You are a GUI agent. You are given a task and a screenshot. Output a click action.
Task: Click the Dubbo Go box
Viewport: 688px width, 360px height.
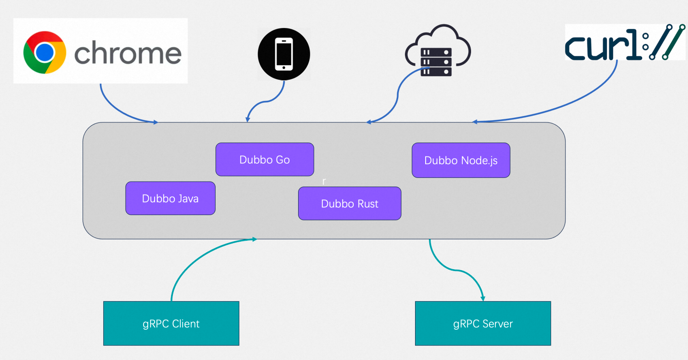(x=265, y=160)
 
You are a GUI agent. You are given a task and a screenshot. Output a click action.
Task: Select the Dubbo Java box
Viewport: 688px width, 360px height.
(x=170, y=198)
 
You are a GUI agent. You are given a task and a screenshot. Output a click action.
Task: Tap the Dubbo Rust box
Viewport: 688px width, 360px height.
(x=350, y=203)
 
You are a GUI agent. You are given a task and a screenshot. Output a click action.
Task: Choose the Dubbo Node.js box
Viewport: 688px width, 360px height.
(x=461, y=160)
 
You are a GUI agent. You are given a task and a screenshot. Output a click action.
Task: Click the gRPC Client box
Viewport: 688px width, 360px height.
(x=171, y=323)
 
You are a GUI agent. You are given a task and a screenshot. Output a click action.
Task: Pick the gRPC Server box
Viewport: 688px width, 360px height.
(x=483, y=323)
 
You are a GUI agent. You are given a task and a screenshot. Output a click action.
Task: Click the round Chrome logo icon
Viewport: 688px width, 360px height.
(x=44, y=52)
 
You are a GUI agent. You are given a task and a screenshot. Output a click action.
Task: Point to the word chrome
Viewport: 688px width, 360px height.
(x=128, y=53)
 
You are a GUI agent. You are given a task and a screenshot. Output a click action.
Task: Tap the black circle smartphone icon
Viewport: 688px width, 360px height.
(x=284, y=54)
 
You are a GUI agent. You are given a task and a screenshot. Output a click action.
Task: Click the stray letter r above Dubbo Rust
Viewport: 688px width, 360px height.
(x=324, y=182)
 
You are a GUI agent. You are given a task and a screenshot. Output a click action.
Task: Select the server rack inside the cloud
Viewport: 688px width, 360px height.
(x=436, y=62)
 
